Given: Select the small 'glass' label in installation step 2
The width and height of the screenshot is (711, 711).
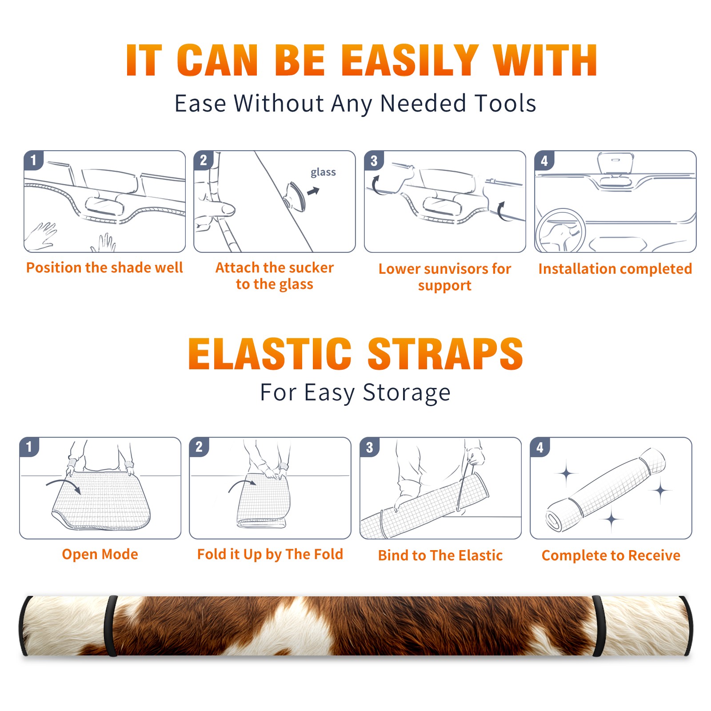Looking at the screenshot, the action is tap(323, 172).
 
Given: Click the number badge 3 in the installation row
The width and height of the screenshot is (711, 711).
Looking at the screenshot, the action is tap(374, 161).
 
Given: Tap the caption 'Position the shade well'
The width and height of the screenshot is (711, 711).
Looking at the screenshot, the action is tap(104, 268).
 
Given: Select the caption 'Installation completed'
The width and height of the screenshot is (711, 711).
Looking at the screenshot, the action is tap(615, 268).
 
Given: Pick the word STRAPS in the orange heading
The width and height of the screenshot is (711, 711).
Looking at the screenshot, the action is tap(445, 354).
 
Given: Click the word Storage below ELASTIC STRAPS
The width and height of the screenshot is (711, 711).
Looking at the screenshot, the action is tap(407, 393).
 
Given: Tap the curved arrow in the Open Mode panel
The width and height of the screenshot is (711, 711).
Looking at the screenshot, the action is tap(64, 485).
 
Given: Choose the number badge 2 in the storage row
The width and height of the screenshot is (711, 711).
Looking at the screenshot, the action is tap(199, 447).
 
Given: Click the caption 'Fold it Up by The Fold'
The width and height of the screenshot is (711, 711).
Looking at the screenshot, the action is tap(270, 554).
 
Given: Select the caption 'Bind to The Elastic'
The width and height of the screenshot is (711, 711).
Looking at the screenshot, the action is tap(440, 555).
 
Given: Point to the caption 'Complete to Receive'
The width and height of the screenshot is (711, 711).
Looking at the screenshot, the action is tap(611, 555).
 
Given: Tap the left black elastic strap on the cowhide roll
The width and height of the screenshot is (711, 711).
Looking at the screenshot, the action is tap(110, 626).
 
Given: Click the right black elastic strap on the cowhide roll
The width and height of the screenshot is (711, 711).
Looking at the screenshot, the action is tap(598, 626).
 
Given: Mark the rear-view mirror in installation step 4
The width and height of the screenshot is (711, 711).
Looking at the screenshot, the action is tap(615, 164).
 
